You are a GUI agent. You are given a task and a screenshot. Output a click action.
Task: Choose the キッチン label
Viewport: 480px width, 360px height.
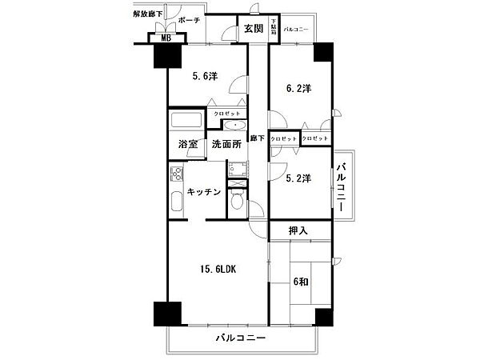coord(202,193)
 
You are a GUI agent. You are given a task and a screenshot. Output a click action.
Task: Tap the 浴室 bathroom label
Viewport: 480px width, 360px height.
coord(188,145)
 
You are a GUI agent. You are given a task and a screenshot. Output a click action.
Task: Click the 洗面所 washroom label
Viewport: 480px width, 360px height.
coord(226,145)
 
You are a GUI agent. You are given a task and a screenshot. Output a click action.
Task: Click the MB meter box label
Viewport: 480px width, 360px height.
coord(166,38)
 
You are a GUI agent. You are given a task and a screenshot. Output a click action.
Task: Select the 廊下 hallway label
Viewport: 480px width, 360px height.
coord(257,138)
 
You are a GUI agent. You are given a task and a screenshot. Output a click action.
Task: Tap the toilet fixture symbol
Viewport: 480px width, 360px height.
coord(235,204)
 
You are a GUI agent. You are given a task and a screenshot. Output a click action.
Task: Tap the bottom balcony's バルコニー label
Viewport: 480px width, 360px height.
coord(240,339)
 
